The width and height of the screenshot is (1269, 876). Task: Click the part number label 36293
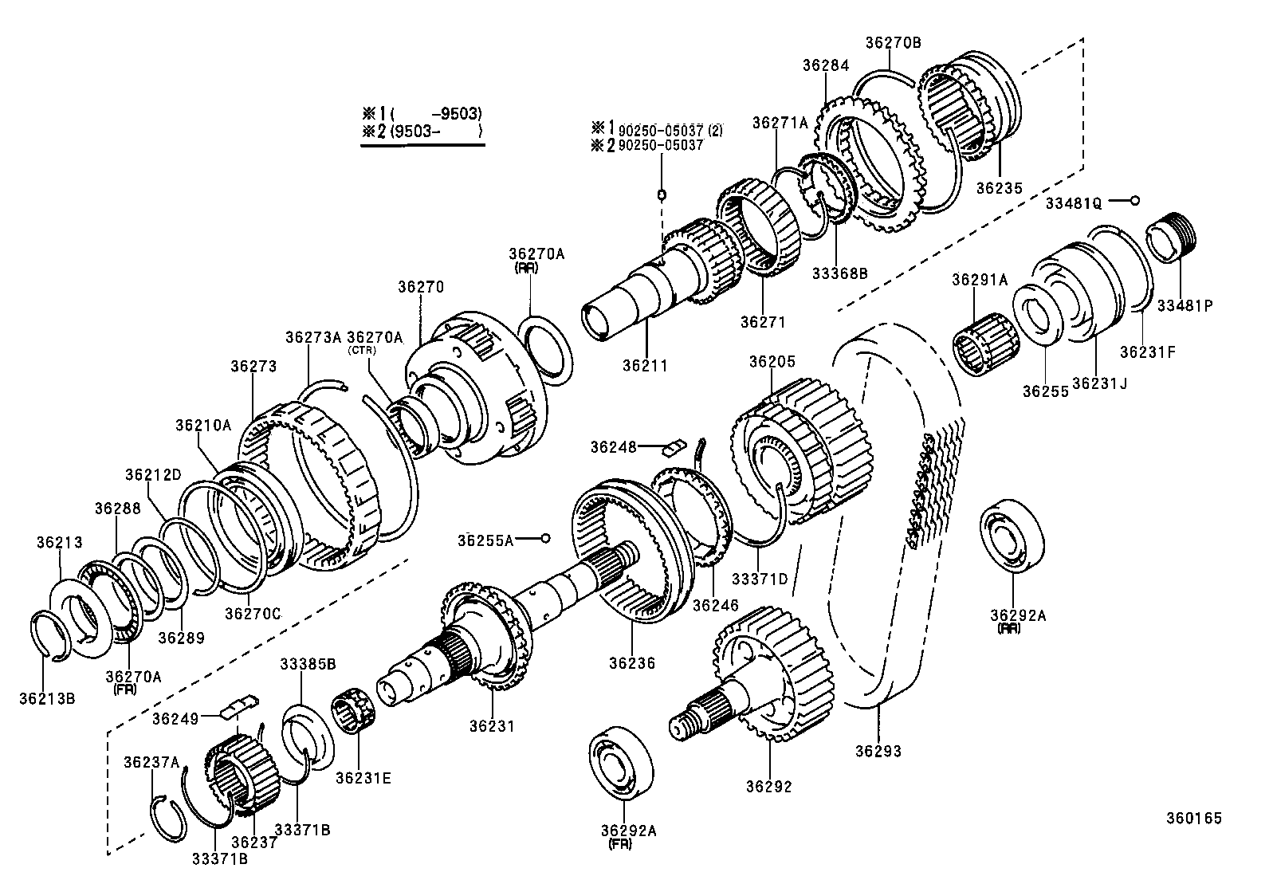coord(878,751)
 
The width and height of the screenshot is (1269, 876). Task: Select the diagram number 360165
coord(1193,818)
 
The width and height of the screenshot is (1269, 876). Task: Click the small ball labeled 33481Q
coord(1136,200)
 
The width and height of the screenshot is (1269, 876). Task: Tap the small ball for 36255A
coord(545,539)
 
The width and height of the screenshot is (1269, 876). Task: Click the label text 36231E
coord(363,779)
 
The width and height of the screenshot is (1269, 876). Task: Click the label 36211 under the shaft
coord(645,366)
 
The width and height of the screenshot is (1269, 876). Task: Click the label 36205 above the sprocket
coord(772,362)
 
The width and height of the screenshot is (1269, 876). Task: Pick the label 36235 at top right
coord(999,188)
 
